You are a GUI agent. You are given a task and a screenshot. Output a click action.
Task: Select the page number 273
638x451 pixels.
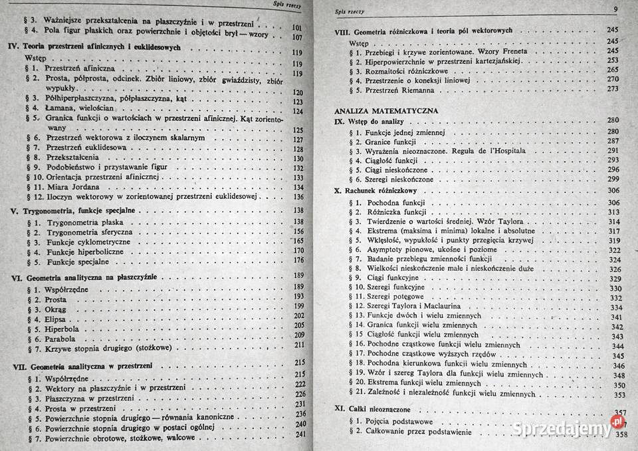pyautogui.click(x=611, y=88)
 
